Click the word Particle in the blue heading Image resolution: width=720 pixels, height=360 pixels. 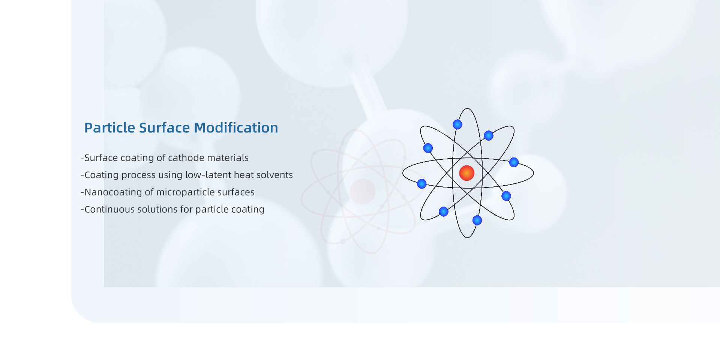tap(109, 128)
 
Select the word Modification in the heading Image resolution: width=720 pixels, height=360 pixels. tap(236, 128)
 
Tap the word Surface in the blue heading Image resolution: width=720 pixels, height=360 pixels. tap(164, 128)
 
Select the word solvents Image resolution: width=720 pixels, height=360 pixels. tap(274, 175)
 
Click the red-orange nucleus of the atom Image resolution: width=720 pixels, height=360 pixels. tap(467, 173)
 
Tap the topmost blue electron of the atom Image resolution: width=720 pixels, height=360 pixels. tap(457, 124)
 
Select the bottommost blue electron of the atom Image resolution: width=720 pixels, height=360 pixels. tap(477, 220)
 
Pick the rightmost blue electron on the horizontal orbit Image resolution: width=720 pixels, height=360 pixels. tap(514, 162)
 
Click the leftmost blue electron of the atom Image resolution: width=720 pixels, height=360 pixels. tap(422, 184)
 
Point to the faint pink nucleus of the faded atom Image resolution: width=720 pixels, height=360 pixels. tap(363, 191)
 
